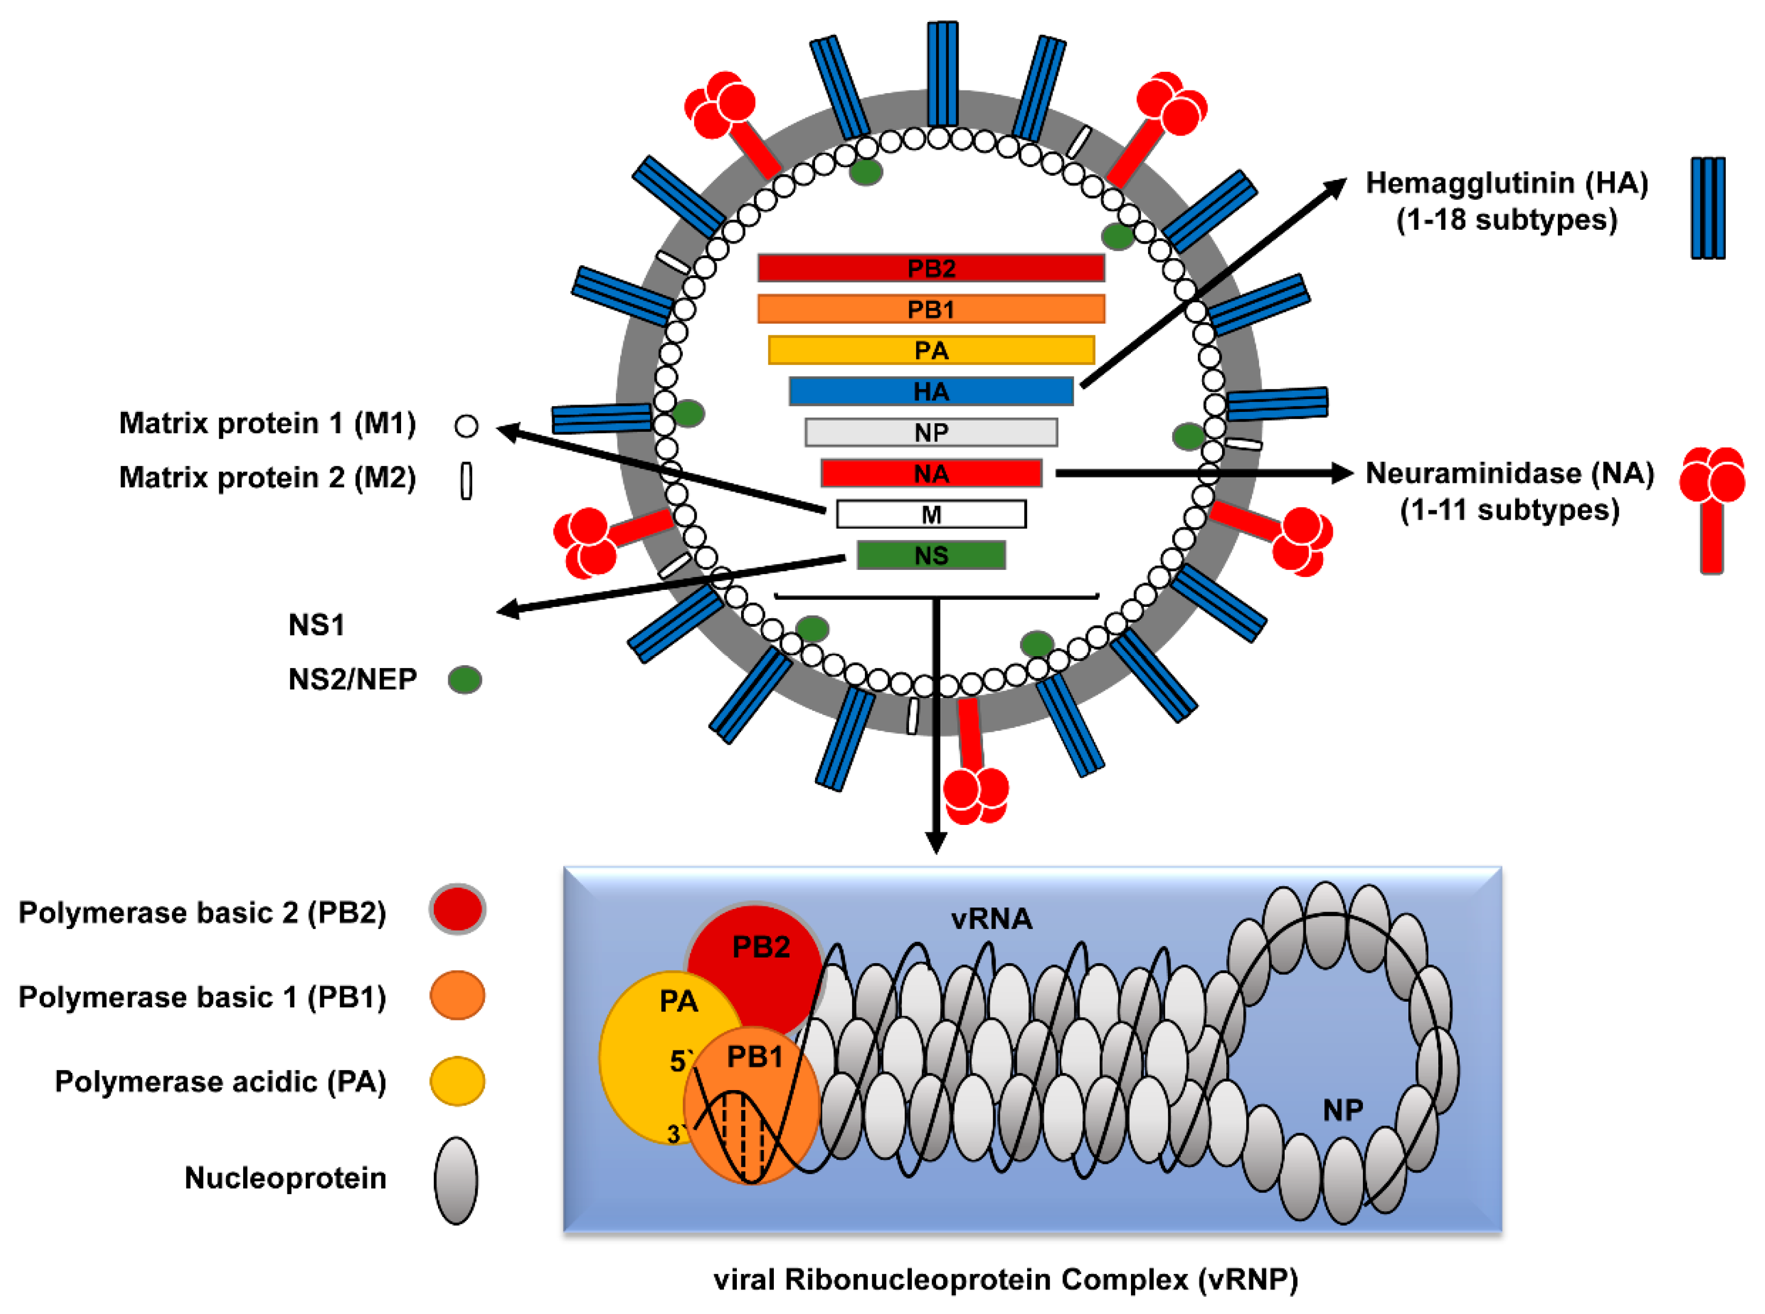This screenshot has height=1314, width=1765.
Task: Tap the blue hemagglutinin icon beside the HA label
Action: [x=1707, y=208]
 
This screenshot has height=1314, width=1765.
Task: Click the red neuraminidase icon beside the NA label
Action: [x=1711, y=509]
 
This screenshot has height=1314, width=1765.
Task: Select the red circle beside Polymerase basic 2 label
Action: [x=457, y=908]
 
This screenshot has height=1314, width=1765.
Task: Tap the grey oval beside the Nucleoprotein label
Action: [x=456, y=1181]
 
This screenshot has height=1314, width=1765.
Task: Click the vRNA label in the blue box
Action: [x=991, y=920]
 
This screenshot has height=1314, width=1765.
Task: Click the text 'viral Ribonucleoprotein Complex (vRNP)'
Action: [x=1006, y=1279]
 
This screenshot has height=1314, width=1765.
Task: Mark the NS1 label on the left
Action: [x=316, y=625]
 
